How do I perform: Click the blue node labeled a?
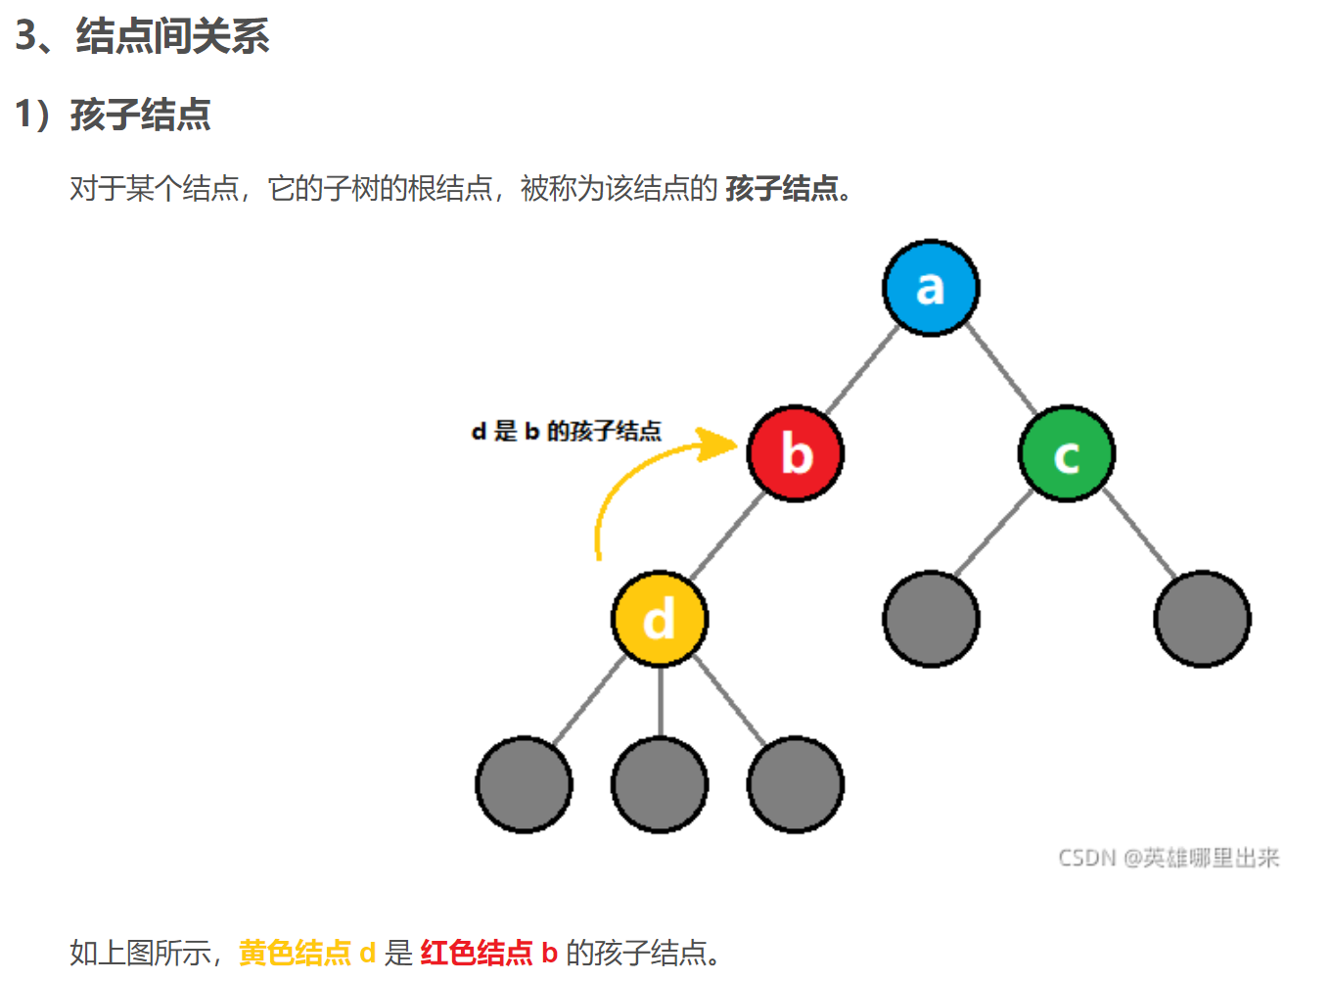coord(931,288)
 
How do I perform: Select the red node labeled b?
coord(795,453)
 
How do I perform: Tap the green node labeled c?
coord(1067,453)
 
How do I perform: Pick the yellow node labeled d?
coord(659,619)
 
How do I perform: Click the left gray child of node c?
coord(931,619)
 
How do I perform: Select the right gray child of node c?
coord(1202,619)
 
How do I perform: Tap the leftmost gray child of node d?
coord(524,784)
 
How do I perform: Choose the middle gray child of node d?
coord(659,784)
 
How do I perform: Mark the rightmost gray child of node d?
coord(795,784)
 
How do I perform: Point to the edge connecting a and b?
coord(861,371)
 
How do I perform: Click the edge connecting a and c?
coord(1000,371)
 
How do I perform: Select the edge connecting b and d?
coord(726,537)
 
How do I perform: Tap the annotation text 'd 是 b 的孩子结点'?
coord(566,431)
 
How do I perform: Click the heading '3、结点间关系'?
coord(142,36)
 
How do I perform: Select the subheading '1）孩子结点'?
coord(113,115)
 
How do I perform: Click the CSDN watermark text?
coord(1169,858)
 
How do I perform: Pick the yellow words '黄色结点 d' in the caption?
coord(307,953)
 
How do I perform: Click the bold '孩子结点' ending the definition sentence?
coord(782,188)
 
